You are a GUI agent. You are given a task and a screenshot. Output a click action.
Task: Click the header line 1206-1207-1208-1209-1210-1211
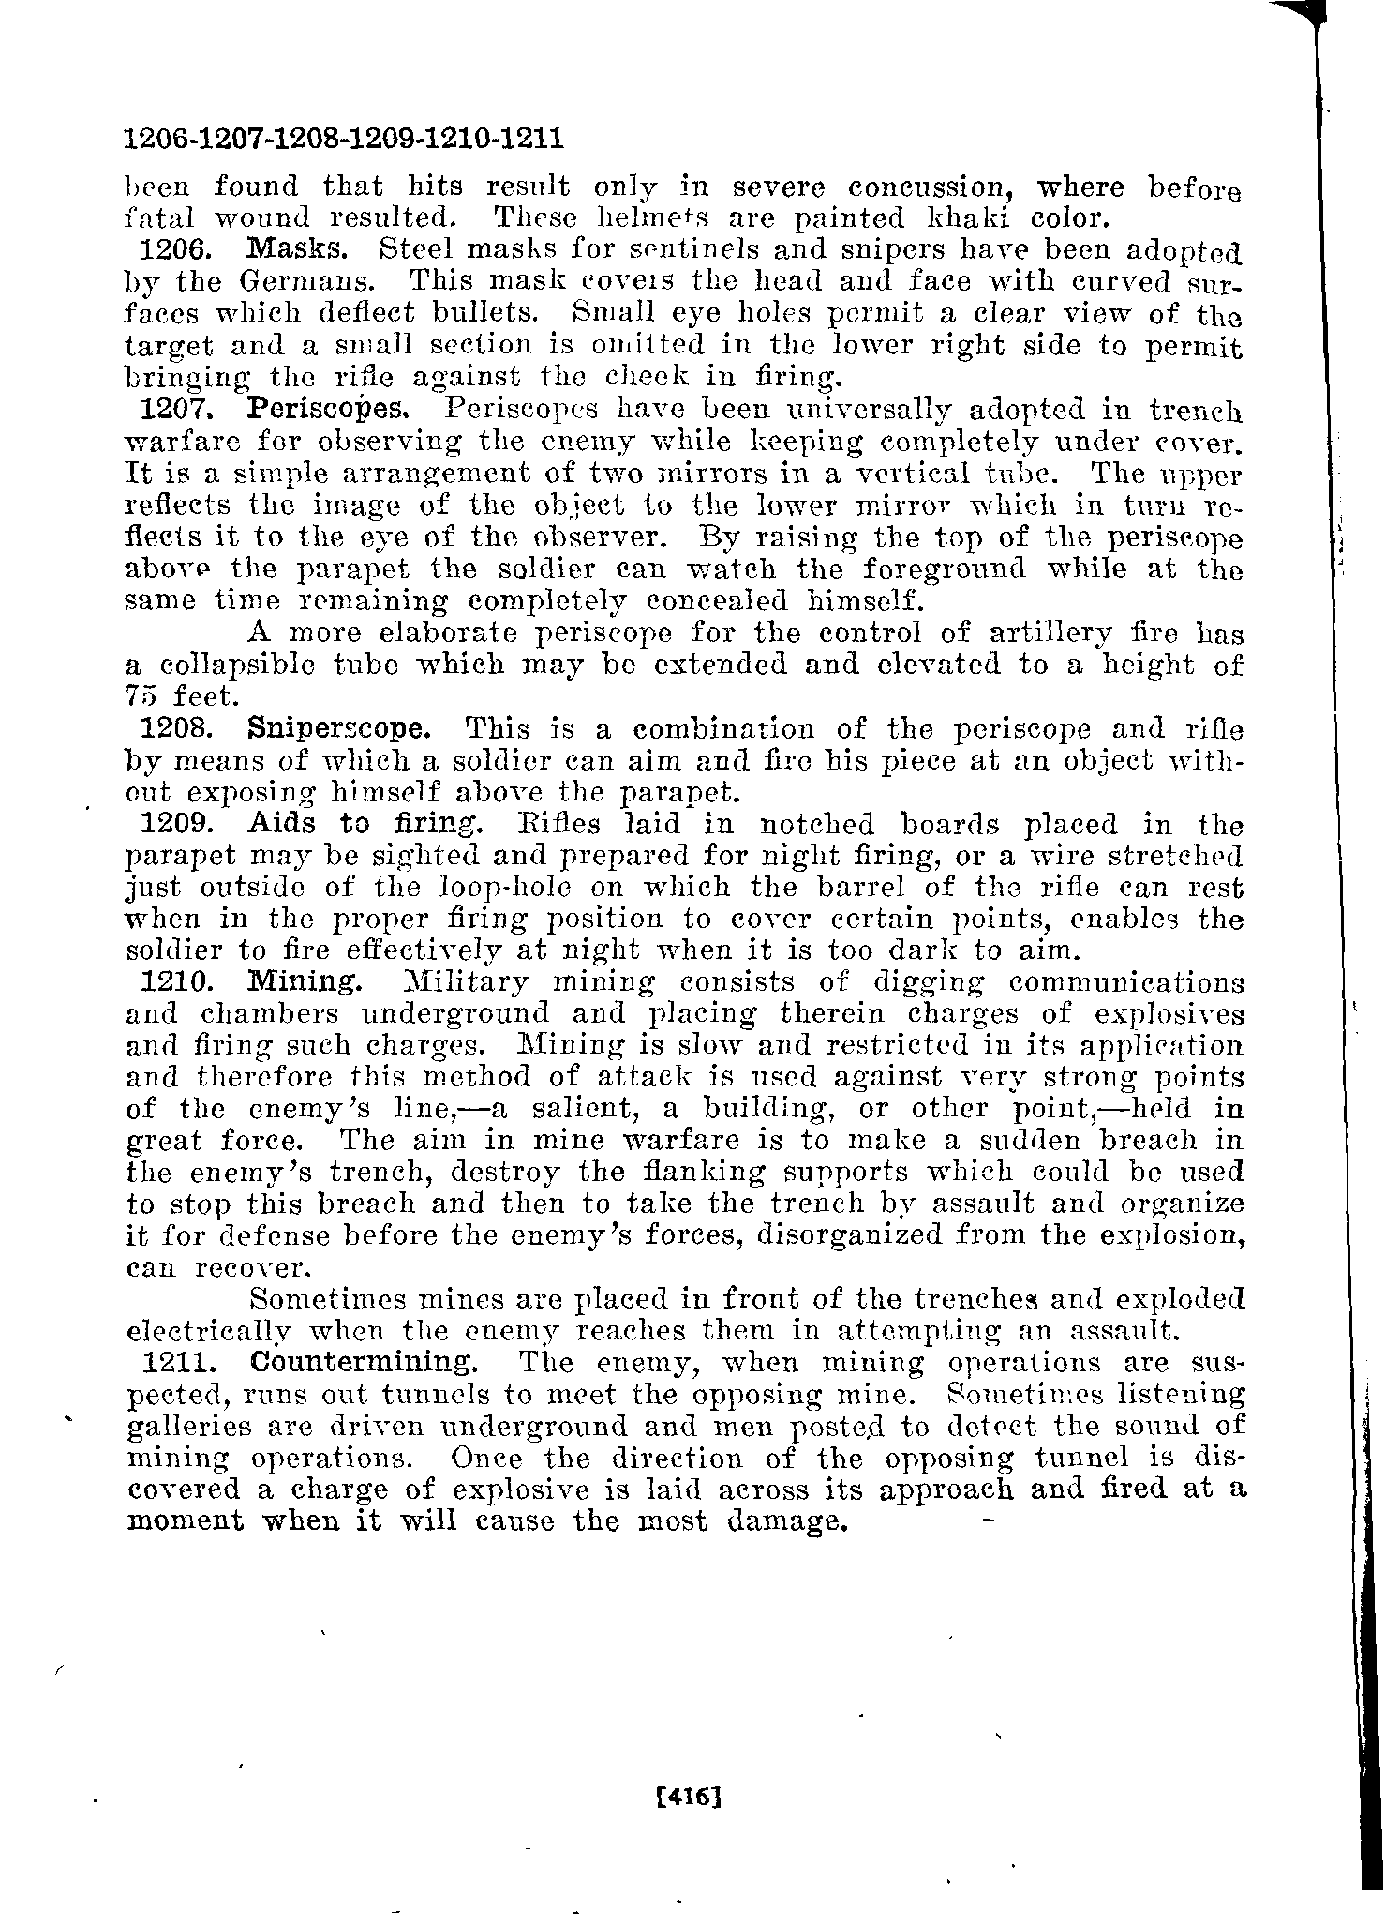pos(344,140)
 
